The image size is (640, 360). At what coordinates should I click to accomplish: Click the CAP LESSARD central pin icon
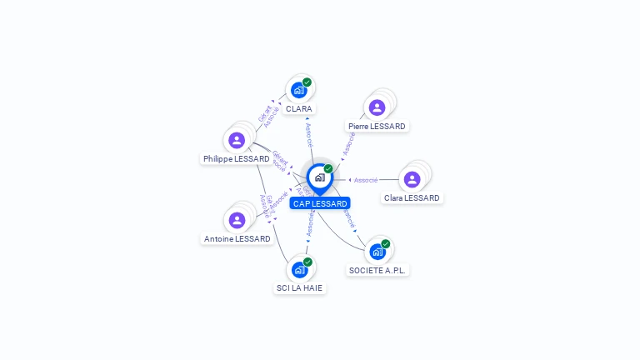(319, 177)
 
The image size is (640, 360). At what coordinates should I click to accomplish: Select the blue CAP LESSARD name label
(320, 203)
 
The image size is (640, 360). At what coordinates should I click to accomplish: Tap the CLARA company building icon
(299, 91)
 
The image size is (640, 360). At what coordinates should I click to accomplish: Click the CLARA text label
(299, 109)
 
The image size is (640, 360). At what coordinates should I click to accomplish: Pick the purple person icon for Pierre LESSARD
(377, 107)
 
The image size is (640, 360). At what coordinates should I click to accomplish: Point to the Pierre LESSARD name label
(377, 127)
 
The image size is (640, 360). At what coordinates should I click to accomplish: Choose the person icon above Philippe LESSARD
(237, 140)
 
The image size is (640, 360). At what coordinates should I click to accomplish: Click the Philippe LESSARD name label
(237, 158)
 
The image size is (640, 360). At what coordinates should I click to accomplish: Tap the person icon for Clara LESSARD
(412, 179)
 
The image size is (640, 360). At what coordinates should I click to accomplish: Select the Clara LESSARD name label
(412, 198)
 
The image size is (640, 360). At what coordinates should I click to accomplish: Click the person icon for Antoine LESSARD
(237, 220)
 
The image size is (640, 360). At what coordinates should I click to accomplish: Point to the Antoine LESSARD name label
(237, 239)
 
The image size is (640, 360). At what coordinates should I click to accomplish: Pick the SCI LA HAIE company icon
(300, 270)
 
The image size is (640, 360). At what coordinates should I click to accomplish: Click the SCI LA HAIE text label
(300, 288)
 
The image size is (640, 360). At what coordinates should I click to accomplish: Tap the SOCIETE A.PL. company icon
(377, 252)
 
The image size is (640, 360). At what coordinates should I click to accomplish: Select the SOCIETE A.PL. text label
(379, 271)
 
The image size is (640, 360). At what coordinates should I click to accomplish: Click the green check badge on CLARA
(307, 82)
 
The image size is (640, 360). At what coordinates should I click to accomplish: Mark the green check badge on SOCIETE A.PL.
(386, 243)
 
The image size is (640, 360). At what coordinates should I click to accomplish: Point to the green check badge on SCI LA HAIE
(308, 262)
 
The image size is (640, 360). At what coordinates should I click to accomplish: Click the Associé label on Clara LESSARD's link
(366, 180)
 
